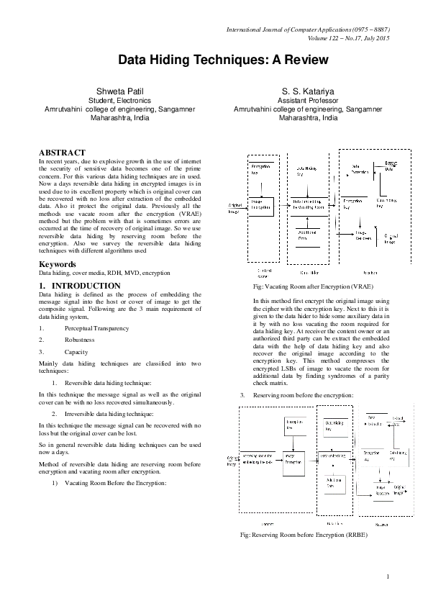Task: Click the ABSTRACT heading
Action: click(62, 153)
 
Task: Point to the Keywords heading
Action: click(58, 264)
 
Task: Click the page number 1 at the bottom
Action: click(387, 576)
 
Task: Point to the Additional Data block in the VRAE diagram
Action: click(307, 235)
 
